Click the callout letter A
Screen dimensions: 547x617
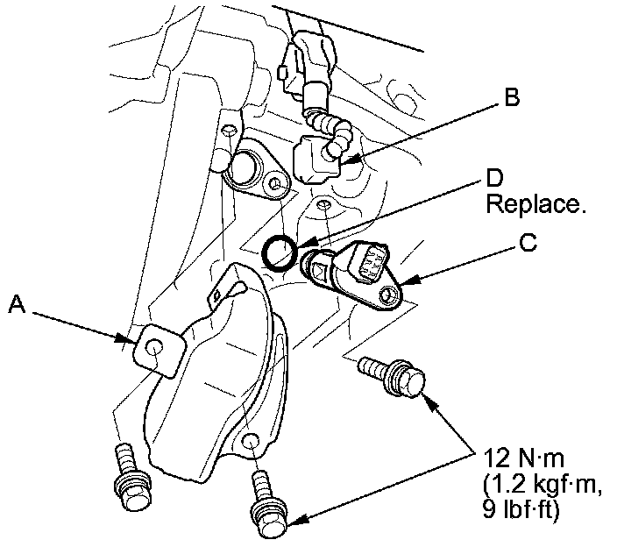tap(17, 304)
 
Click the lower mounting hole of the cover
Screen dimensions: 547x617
tap(251, 443)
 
